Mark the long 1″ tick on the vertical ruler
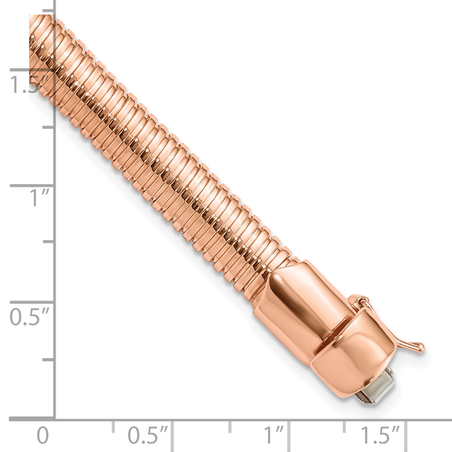coord(32,186)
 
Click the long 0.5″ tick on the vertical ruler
coord(32,302)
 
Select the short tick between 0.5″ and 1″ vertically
coord(48,242)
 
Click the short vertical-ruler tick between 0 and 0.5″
coord(48,360)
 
